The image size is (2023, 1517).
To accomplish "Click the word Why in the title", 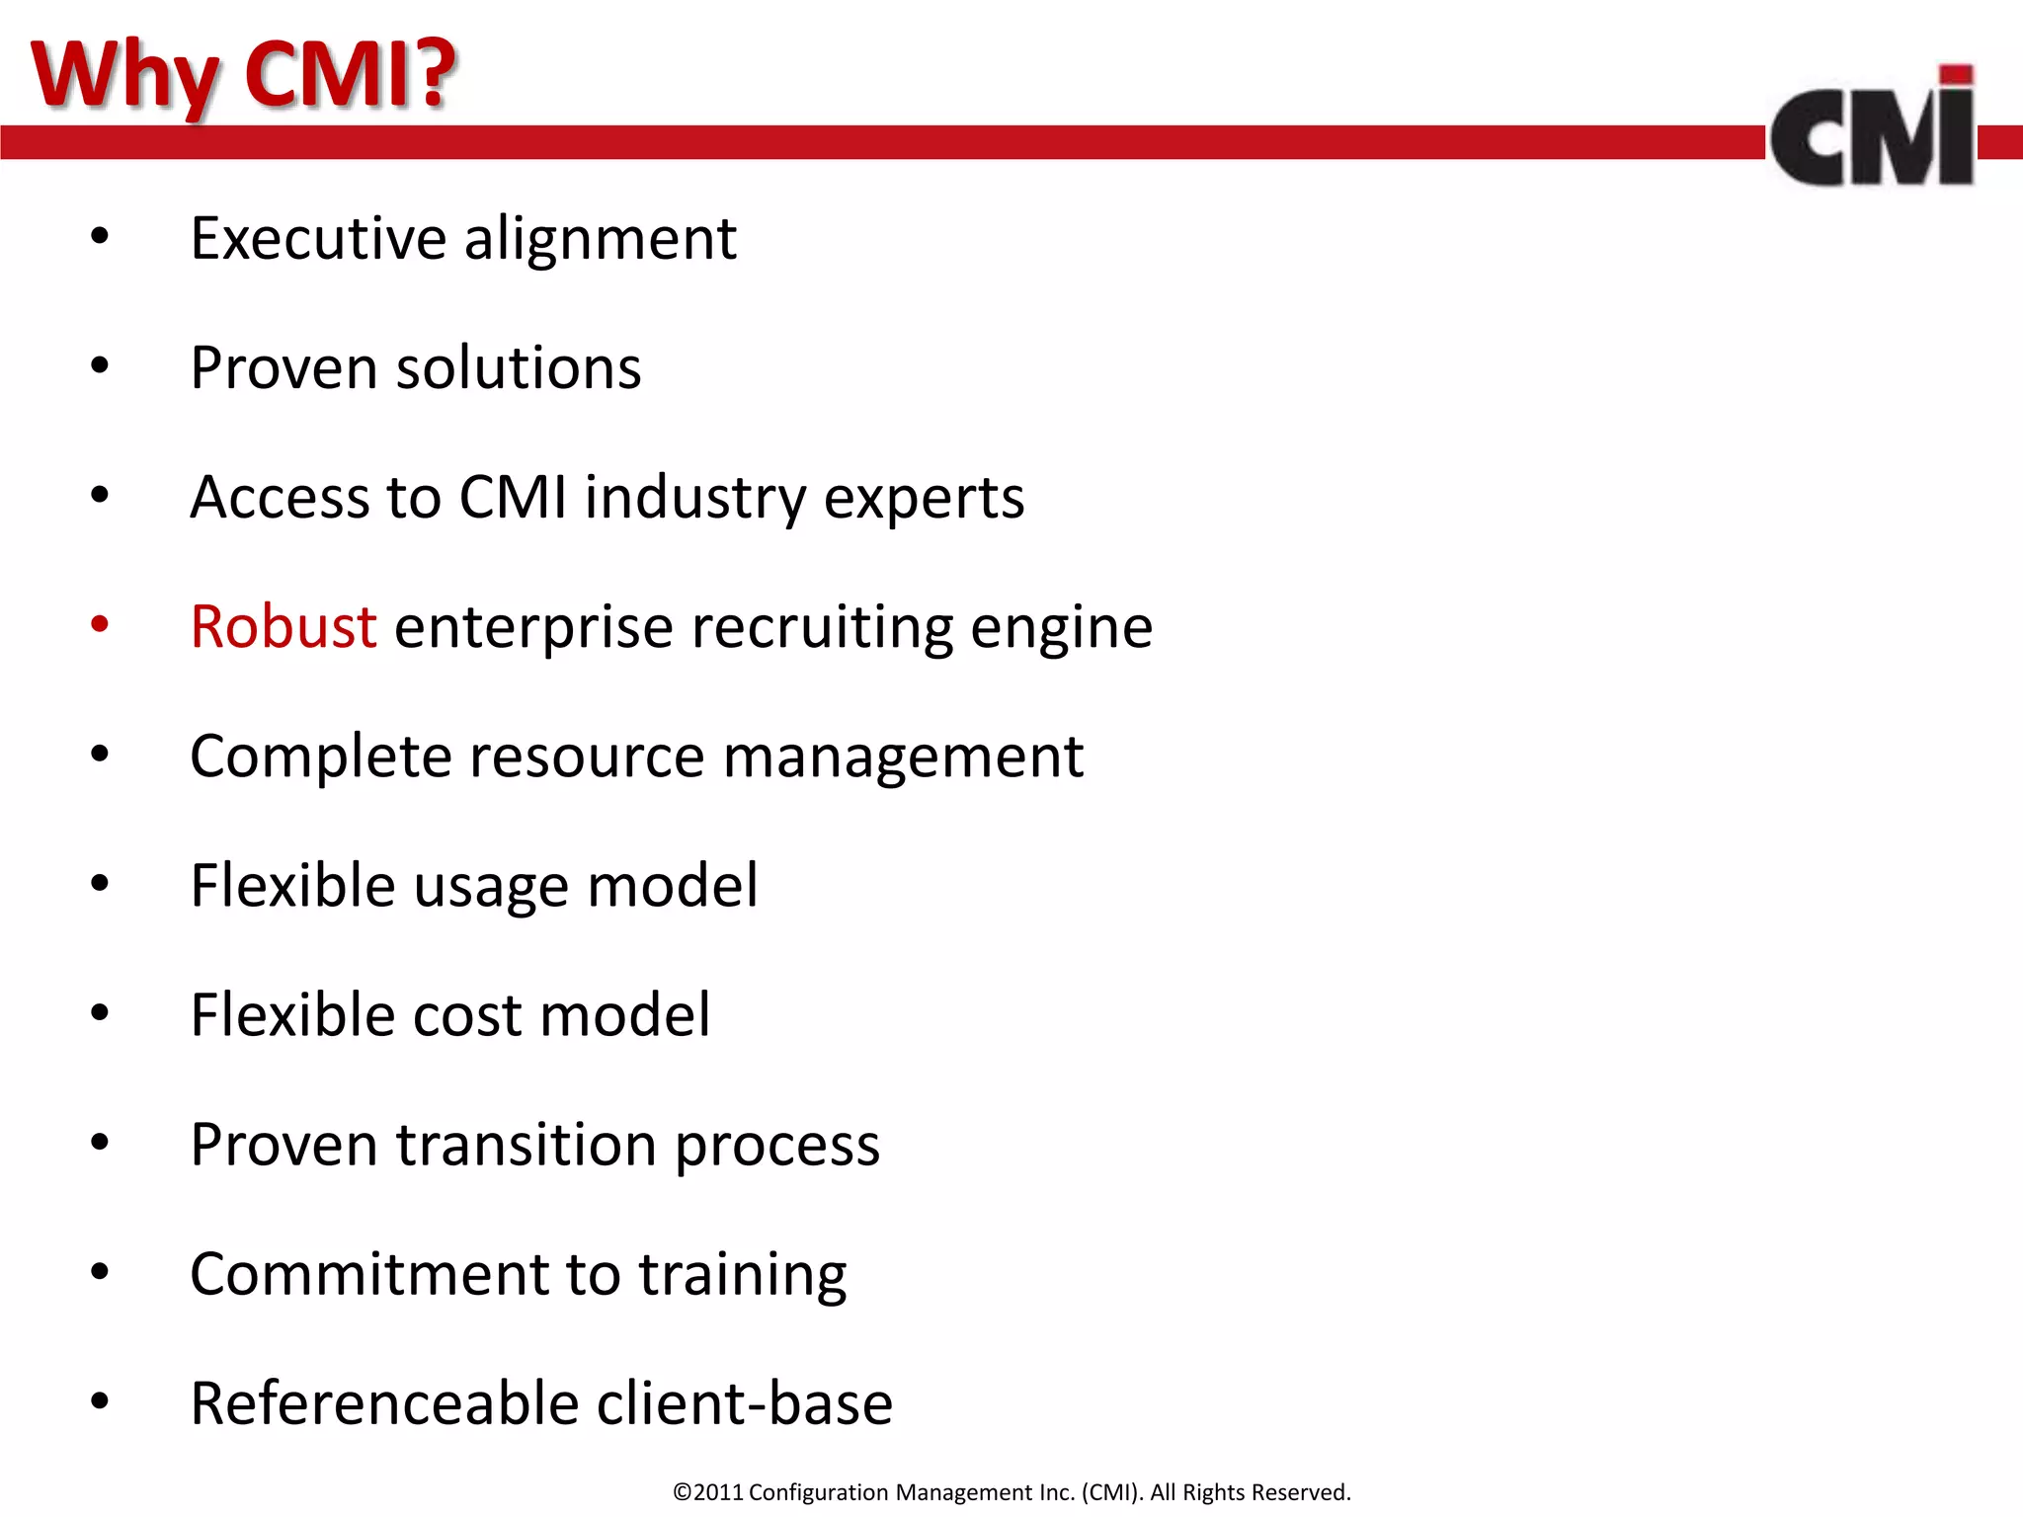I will click(123, 74).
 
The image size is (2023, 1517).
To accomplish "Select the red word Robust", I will click(283, 627).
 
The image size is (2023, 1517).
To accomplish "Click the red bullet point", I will click(100, 624).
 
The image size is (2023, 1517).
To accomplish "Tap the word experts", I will click(924, 499).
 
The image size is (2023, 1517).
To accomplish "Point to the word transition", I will click(526, 1145).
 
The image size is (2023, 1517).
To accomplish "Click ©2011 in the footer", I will click(707, 1492).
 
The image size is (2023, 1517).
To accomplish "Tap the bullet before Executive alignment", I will click(100, 237).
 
